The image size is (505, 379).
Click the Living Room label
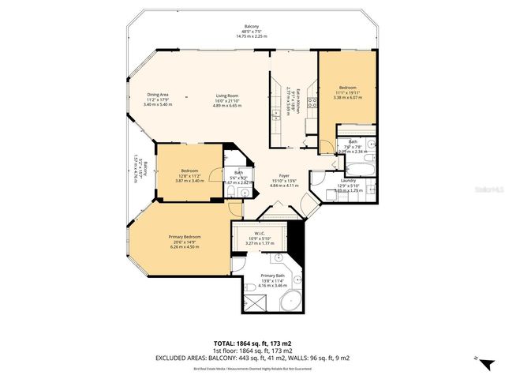click(x=227, y=96)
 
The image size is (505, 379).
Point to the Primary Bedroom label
click(x=185, y=238)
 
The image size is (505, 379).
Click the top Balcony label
click(x=252, y=27)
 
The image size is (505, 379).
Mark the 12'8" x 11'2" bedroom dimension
click(x=189, y=175)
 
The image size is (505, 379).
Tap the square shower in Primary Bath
click(x=252, y=300)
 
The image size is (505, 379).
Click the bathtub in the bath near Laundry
click(x=364, y=167)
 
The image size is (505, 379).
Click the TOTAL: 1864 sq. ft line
click(x=252, y=343)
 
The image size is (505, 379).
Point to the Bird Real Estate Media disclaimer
click(x=252, y=368)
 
